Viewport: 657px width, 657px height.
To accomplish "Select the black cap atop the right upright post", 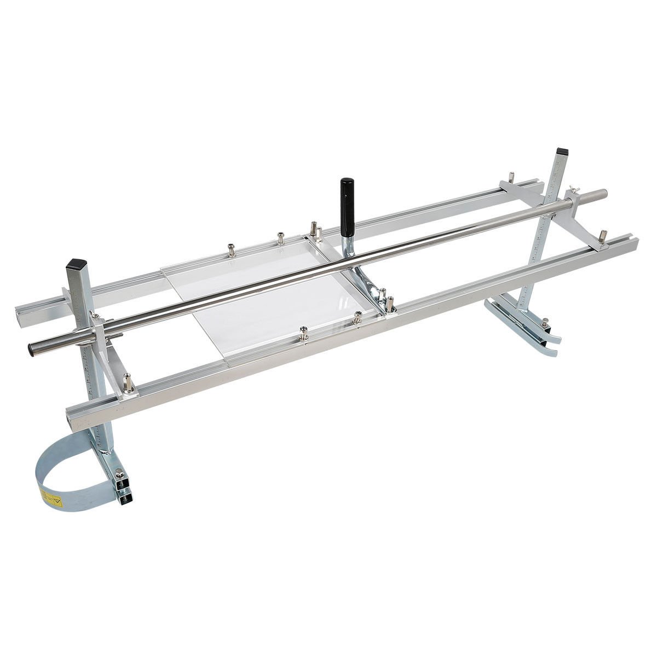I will (x=561, y=151).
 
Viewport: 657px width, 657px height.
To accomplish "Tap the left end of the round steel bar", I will (x=32, y=348).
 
